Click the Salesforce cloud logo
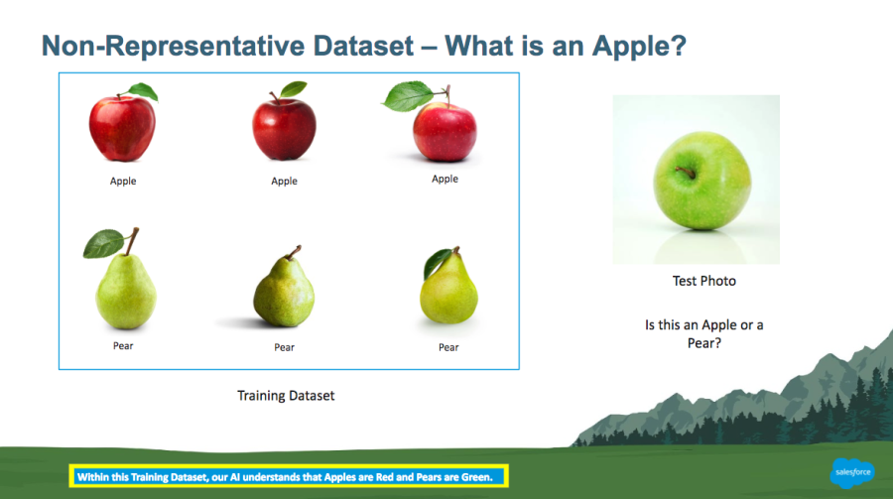[x=852, y=472]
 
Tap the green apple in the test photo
[x=702, y=181]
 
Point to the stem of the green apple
[x=686, y=172]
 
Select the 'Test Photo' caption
[x=703, y=281]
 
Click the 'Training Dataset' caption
[x=286, y=396]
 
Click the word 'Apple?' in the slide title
[x=639, y=47]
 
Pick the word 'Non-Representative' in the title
[x=171, y=47]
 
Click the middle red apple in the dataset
[x=284, y=128]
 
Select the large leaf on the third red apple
[x=408, y=96]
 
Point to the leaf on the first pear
[x=103, y=244]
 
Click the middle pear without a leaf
[x=284, y=288]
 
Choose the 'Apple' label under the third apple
[x=445, y=179]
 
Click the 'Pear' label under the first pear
[x=123, y=346]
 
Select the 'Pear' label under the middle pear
[x=284, y=347]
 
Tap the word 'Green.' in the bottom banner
[x=477, y=477]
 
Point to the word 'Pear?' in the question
[x=703, y=343]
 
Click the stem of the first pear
[x=132, y=241]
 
